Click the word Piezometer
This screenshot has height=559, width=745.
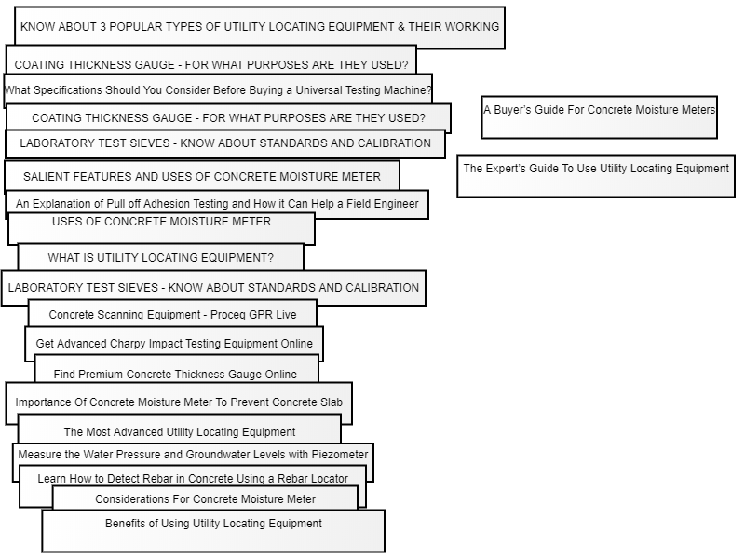[340, 455]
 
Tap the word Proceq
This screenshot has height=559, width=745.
[227, 315]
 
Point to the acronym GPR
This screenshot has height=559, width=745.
[258, 315]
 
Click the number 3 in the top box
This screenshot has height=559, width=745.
[102, 27]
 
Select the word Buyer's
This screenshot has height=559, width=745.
[513, 110]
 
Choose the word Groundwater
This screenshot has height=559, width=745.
[207, 455]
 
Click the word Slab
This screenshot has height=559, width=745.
[332, 402]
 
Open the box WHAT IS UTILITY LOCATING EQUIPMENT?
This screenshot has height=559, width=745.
[160, 257]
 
